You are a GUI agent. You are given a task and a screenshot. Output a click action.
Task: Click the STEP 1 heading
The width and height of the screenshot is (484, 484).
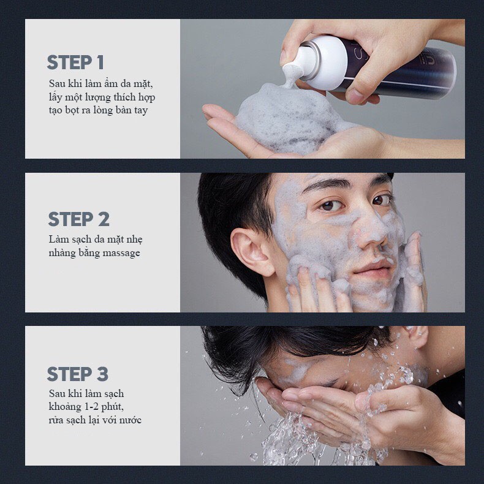click(x=75, y=62)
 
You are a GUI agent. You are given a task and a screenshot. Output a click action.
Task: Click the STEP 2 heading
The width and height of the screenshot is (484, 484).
click(x=79, y=219)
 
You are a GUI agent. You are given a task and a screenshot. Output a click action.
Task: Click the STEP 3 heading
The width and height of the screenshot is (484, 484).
click(x=78, y=374)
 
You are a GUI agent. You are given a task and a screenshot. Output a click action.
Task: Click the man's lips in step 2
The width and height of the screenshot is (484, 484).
click(x=371, y=267)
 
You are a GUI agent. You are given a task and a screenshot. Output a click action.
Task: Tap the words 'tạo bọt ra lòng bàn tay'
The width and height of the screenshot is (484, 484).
click(x=98, y=110)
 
